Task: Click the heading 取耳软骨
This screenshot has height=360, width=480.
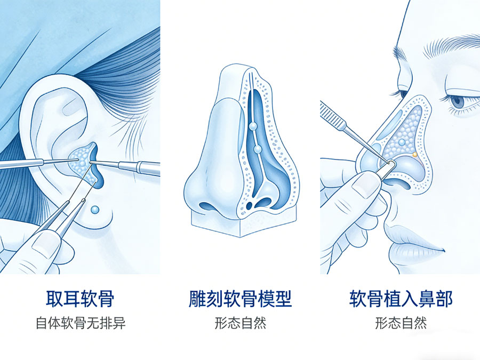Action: coord(80,299)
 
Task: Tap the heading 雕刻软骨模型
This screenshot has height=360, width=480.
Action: coord(240,299)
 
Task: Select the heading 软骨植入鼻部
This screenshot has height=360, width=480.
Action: coord(401,299)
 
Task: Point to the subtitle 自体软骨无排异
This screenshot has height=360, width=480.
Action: coord(80,323)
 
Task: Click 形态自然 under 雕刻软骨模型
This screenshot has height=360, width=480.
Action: coord(240,323)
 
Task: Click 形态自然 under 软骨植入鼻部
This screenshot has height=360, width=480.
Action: coord(401,323)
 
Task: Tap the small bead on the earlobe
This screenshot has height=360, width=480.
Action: coord(94,210)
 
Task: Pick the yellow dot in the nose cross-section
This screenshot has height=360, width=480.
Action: coord(414,155)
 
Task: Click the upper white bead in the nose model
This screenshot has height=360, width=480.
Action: coord(252,126)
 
